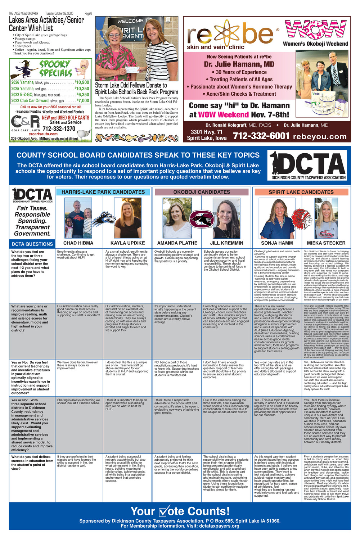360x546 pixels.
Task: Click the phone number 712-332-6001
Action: point(261,136)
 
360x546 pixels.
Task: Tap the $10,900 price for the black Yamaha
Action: point(82,82)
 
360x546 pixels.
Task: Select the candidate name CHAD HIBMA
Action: point(78,243)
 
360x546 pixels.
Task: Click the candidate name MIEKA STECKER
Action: point(326,243)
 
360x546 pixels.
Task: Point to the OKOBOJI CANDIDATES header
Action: point(201,192)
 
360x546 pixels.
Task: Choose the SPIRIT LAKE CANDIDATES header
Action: point(301,192)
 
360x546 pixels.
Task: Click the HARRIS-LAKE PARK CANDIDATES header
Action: point(103,192)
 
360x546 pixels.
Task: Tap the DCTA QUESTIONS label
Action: point(32,244)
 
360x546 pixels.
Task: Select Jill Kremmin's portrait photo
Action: point(226,218)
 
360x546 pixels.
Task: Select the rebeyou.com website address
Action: point(320,136)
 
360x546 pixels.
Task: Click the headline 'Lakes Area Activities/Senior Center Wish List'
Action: point(46,24)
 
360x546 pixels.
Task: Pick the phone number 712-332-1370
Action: point(59,128)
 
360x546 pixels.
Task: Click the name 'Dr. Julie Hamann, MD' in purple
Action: point(239,64)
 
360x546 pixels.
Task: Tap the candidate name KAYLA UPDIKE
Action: point(127,243)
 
